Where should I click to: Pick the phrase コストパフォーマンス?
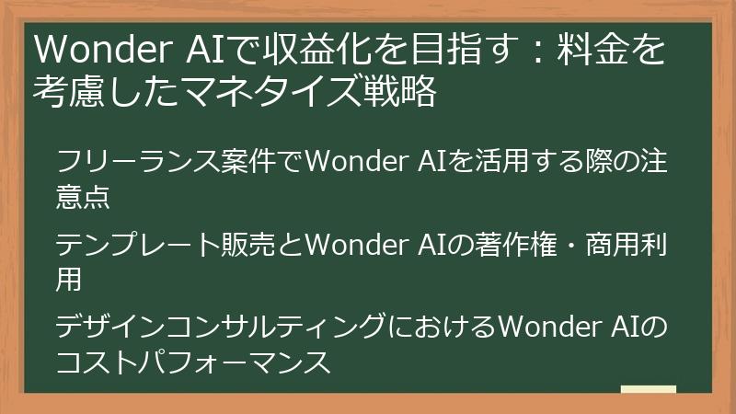pyautogui.click(x=192, y=362)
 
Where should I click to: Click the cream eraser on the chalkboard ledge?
pyautogui.click(x=648, y=391)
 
